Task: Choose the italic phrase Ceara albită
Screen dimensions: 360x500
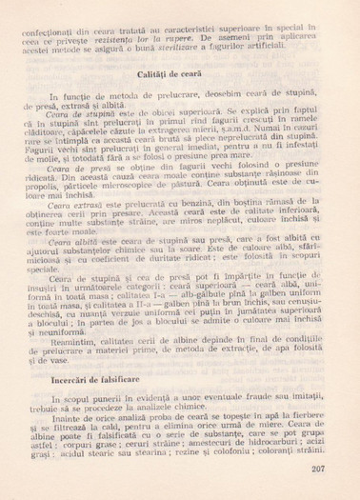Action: pos(75,269)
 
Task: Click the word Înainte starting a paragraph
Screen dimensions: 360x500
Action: pos(65,420)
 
